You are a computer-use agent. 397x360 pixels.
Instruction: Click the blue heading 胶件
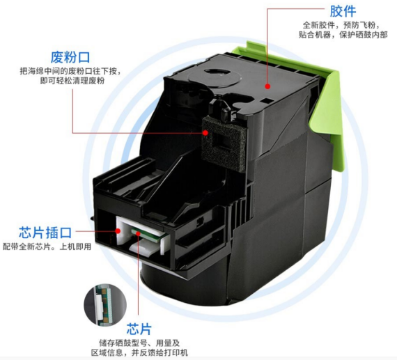343,11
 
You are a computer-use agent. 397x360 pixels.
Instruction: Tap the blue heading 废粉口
70,57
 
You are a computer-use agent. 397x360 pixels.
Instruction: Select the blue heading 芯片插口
45,233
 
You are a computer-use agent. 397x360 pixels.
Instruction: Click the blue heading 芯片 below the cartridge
139,329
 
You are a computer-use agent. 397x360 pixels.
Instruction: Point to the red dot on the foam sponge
205,133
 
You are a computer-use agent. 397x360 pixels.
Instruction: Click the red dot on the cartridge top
267,86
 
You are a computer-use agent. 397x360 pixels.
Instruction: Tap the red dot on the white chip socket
118,230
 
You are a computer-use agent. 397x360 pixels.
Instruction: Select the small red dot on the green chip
138,233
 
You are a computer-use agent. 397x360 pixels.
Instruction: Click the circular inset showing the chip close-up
105,305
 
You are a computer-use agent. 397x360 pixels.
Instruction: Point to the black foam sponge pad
224,143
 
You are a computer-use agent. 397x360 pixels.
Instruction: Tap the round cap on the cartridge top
218,75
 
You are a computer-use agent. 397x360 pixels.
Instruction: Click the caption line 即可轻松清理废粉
72,81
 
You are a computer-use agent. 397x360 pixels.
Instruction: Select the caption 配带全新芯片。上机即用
47,246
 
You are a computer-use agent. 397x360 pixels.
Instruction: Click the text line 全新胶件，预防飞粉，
341,25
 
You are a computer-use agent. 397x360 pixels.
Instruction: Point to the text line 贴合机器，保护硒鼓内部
343,35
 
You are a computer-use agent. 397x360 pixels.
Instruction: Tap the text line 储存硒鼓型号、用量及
139,343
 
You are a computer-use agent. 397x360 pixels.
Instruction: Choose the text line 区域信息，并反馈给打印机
139,352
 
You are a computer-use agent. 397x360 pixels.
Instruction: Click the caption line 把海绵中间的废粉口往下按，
70,71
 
